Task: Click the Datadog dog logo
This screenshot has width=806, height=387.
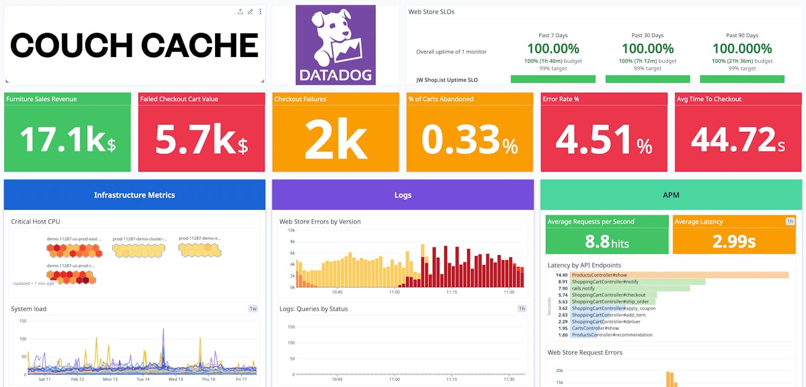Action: [335, 45]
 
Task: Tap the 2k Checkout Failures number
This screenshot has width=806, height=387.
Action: [336, 139]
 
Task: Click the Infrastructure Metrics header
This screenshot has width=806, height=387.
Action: [134, 195]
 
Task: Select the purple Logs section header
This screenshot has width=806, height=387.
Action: [402, 195]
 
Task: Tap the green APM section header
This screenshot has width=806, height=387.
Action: [671, 195]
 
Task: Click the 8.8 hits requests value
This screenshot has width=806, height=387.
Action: [606, 241]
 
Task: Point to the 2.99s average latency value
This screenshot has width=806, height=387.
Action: [734, 241]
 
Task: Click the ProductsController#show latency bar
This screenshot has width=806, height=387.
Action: [680, 275]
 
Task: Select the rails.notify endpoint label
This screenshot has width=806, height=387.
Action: [584, 289]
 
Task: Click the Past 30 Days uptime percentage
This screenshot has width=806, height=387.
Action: [647, 48]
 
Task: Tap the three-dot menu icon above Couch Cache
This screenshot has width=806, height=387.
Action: [260, 12]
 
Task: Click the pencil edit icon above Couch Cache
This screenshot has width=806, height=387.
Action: [250, 12]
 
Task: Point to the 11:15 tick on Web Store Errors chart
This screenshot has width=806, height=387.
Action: [452, 292]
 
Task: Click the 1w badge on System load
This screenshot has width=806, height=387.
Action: [253, 308]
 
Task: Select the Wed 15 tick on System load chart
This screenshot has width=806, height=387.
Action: [176, 379]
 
